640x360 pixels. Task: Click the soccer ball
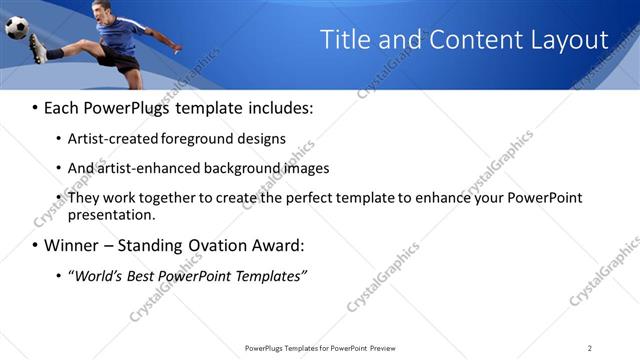[17, 27]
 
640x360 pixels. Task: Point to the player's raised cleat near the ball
[37, 47]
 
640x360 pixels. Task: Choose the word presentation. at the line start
[111, 214]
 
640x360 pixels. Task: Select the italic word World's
[97, 274]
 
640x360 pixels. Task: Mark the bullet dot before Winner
[35, 245]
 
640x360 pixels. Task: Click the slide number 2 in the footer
[589, 348]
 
